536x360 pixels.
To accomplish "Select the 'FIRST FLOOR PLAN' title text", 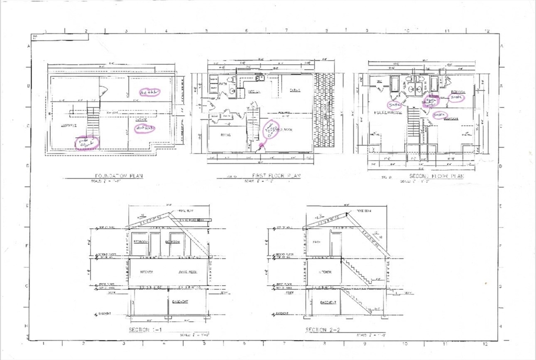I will pos(275,176).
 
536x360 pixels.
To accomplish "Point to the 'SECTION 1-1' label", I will pos(146,330).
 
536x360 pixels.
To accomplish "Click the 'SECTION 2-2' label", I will pos(322,330).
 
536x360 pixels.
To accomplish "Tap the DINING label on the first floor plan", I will pos(295,90).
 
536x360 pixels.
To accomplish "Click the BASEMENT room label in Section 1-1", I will pos(181,302).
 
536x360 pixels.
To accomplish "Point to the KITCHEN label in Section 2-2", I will pos(323,273).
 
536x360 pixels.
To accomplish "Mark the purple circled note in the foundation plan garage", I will pos(145,128).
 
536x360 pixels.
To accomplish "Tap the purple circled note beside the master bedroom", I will pos(395,104).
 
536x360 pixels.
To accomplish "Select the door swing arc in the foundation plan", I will pos(103,91).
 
